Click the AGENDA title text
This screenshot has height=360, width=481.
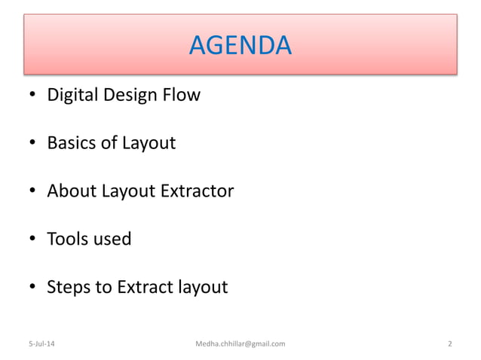click(x=240, y=46)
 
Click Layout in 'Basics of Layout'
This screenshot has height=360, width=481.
click(x=149, y=143)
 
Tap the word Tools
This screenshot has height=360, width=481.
click(x=67, y=239)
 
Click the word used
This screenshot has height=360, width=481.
click(x=112, y=239)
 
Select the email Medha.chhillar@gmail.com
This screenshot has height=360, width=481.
click(x=240, y=344)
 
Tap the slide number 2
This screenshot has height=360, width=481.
click(x=449, y=344)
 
